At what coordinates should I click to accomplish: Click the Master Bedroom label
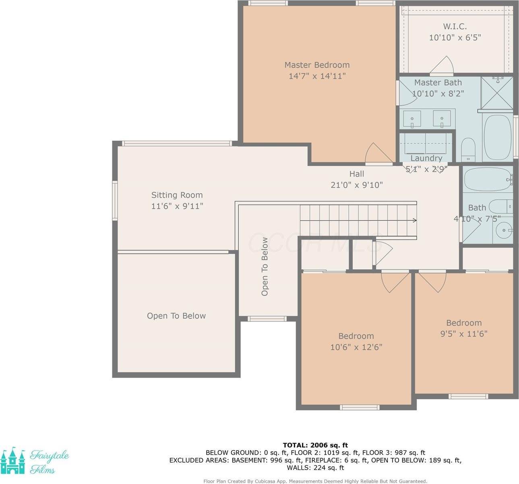coord(317,65)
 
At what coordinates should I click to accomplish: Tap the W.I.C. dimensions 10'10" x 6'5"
coord(455,38)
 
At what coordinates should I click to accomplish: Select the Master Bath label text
coord(438,83)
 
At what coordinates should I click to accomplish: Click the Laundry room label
coord(426,158)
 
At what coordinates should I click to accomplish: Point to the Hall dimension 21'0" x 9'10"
coord(356,185)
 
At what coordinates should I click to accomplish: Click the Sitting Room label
coord(177,195)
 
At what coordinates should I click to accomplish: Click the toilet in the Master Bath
coord(468,148)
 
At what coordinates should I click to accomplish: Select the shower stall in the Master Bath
coord(497,93)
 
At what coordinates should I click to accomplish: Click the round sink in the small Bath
coord(503,232)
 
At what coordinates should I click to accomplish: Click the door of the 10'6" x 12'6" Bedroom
coord(390,283)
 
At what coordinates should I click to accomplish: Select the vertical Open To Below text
coord(265,267)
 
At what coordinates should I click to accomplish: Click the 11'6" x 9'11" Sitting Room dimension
coord(177,206)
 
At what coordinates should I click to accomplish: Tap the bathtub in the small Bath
coord(487,179)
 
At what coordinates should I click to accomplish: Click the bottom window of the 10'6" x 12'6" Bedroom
coord(360,407)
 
